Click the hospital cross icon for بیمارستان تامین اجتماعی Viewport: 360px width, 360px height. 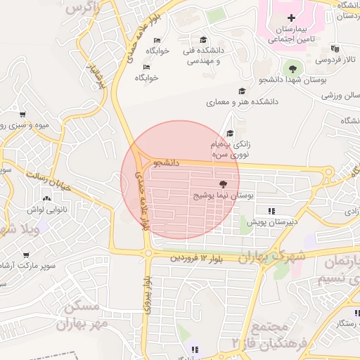(292, 17)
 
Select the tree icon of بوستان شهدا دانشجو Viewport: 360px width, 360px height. (292, 68)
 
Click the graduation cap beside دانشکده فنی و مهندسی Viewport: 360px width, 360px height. (204, 39)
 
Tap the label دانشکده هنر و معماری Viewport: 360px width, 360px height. (242, 102)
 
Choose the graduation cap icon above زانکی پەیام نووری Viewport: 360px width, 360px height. (230, 133)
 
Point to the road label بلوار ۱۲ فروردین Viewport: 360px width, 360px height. (195, 259)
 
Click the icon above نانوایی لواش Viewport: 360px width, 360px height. (46, 199)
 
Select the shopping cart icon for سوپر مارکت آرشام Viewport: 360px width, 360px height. (26, 255)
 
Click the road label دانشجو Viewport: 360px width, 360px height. (167, 162)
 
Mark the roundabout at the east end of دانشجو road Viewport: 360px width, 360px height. (328, 172)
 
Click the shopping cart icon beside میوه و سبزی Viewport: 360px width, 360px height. (23, 115)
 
